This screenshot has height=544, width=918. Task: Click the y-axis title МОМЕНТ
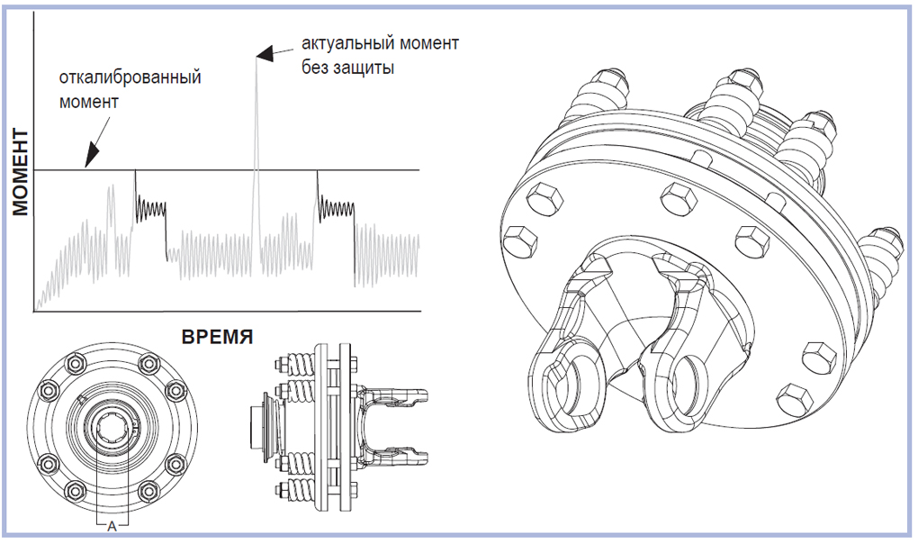[x=21, y=172]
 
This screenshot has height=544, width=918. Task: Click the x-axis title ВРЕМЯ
[x=218, y=338]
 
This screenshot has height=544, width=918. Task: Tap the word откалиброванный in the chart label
[x=130, y=77]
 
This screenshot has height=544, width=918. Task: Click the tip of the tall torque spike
[x=256, y=51]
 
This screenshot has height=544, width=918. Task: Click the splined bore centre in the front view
[x=112, y=427]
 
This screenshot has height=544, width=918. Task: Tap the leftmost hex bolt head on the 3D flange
[x=519, y=240]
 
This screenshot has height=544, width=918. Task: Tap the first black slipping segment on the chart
[x=150, y=210]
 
